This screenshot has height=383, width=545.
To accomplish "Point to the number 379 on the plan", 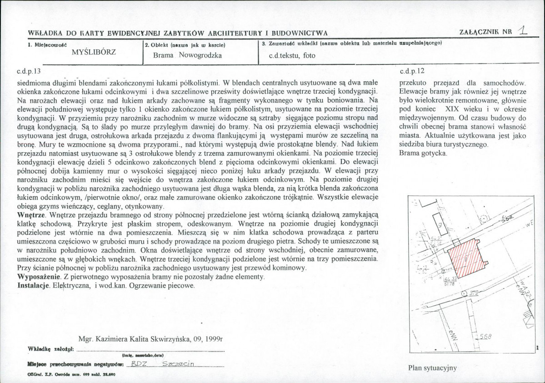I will click(474, 293).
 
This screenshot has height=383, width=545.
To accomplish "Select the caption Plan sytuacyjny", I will click(432, 368).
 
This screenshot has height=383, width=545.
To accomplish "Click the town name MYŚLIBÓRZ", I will click(94, 51).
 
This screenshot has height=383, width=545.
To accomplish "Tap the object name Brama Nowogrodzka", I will click(188, 55).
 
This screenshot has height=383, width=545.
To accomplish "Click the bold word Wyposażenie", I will click(38, 276).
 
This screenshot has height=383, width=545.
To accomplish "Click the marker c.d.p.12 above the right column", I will click(412, 71).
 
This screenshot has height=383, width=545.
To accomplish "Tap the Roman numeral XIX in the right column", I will click(454, 109).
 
